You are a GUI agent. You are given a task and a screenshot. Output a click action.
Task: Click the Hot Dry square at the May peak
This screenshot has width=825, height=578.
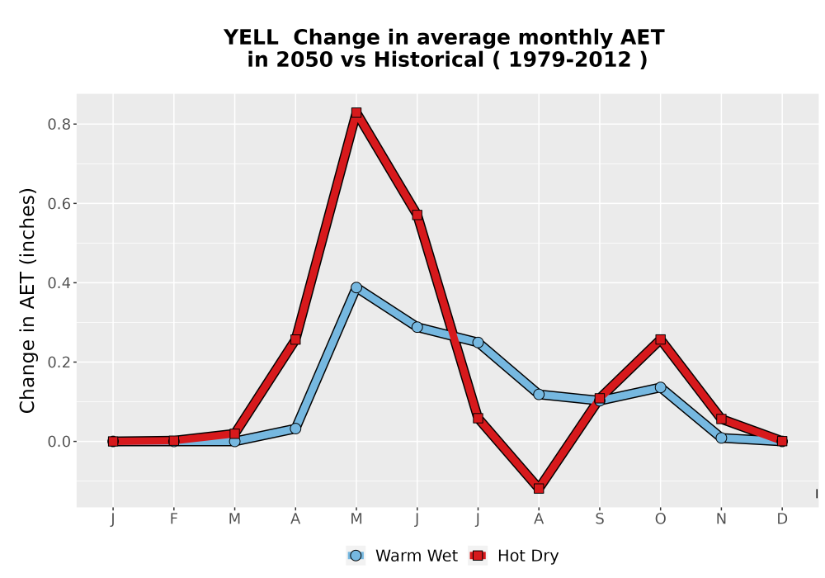pos(356,112)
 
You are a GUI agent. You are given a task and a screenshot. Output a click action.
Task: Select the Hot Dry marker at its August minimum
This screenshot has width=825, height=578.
pos(539,489)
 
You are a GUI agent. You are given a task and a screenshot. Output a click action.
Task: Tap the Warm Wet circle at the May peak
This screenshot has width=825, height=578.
pos(356,287)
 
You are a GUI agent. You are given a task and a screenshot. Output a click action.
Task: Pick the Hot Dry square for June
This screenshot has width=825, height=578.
pos(417,215)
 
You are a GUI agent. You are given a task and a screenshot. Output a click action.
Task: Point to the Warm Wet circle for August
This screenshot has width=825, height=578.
pos(539,395)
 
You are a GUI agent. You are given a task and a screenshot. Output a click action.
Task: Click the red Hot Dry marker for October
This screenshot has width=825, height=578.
pos(660,339)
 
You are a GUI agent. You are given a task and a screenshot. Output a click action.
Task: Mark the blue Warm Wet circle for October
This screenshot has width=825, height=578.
pos(660,387)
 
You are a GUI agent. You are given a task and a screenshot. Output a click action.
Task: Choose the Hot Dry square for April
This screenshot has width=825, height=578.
pos(295,339)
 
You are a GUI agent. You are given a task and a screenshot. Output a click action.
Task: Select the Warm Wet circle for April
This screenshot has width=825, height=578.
pos(295,429)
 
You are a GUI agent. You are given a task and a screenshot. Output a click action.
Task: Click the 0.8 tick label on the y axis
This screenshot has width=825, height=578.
pos(59,124)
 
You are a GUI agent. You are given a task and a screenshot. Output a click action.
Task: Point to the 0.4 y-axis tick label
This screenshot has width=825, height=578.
pos(59,283)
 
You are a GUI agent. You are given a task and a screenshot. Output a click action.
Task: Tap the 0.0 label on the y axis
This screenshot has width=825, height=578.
pos(59,442)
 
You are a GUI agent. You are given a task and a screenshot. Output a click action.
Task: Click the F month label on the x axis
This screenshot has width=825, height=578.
pos(173,519)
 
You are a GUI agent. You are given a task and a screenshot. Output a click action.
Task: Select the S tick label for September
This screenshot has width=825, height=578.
pos(599,519)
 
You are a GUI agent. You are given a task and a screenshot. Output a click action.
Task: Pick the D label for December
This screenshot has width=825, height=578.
pos(782,519)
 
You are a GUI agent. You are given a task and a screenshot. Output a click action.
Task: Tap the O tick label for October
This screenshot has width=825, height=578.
pos(660,519)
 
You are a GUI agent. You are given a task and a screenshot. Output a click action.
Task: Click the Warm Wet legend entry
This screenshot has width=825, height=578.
pos(403,556)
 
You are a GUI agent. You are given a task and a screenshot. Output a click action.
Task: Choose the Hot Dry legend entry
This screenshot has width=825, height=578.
pos(514,556)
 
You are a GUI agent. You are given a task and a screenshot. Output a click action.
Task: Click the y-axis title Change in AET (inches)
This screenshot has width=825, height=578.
pos(27,301)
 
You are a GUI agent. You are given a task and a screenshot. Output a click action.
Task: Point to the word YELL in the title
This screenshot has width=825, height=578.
pos(251,38)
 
